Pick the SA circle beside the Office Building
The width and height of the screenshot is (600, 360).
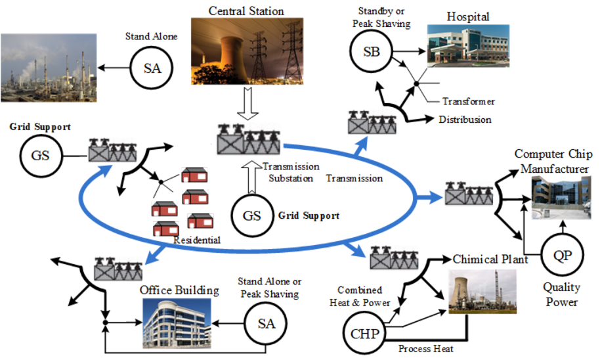[x=266, y=323]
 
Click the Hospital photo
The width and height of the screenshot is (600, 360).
[x=467, y=47]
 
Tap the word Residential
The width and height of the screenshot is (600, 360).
[x=197, y=240]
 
